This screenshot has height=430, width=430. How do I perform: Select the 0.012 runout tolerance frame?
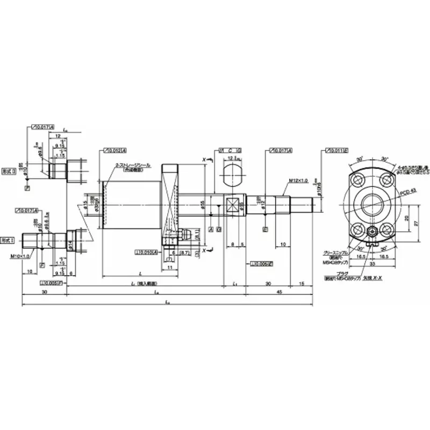click(113, 150)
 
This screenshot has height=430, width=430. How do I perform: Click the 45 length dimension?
click(279, 292)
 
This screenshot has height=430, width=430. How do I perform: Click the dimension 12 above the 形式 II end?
click(58, 136)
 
